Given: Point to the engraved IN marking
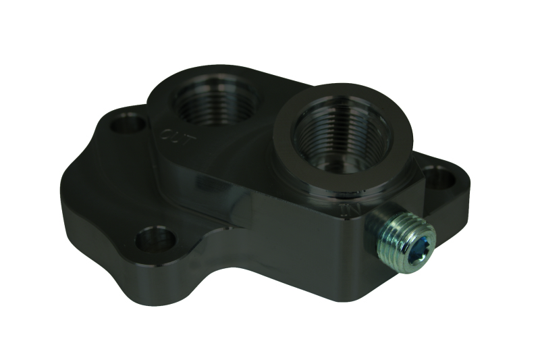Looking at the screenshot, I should (352, 209).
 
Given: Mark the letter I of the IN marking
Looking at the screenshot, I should (346, 208).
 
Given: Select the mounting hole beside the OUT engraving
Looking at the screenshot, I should (127, 124).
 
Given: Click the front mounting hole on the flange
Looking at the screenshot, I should (155, 239).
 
